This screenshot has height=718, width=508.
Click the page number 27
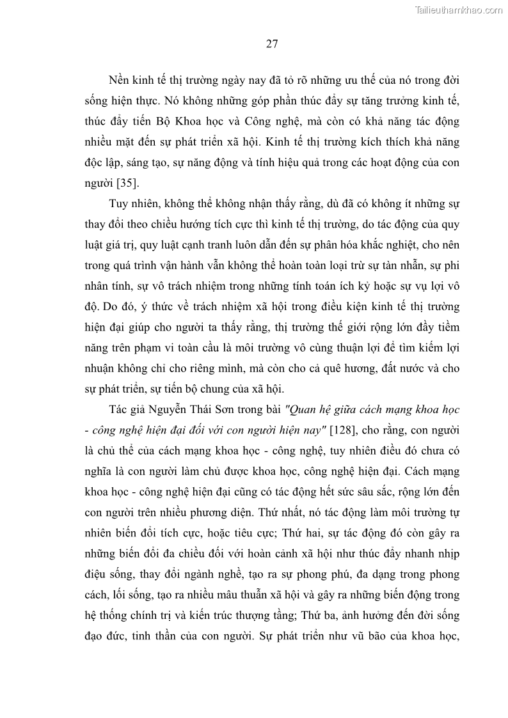pyautogui.click(x=271, y=44)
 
